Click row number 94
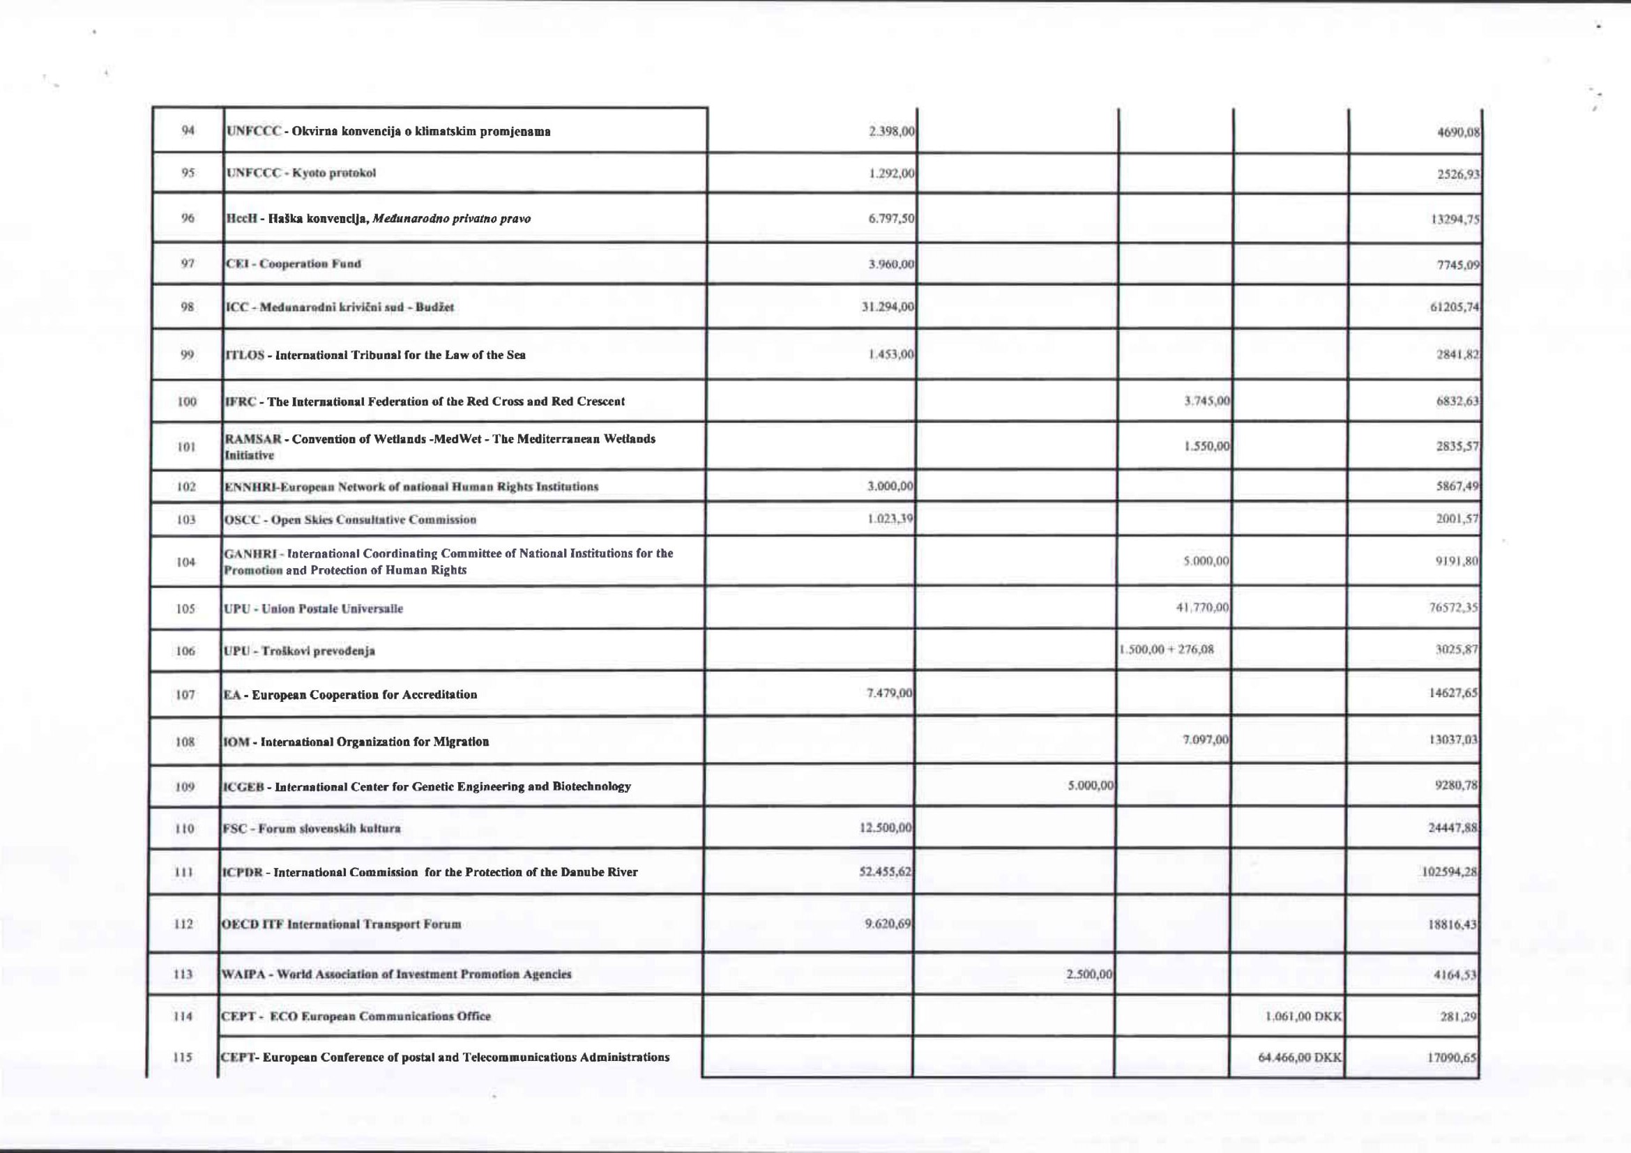click(x=188, y=130)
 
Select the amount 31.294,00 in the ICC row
click(x=887, y=307)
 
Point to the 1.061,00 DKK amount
click(x=1303, y=1016)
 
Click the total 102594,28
click(x=1448, y=873)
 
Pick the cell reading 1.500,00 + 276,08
click(x=1167, y=650)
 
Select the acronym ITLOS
click(x=244, y=355)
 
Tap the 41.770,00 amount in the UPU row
click(x=1203, y=608)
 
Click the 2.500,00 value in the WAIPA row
click(x=1089, y=974)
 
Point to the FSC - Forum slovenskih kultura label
click(x=312, y=829)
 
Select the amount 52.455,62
click(x=885, y=872)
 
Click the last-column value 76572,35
click(x=1453, y=608)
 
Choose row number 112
click(x=184, y=924)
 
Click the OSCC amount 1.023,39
click(x=890, y=519)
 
